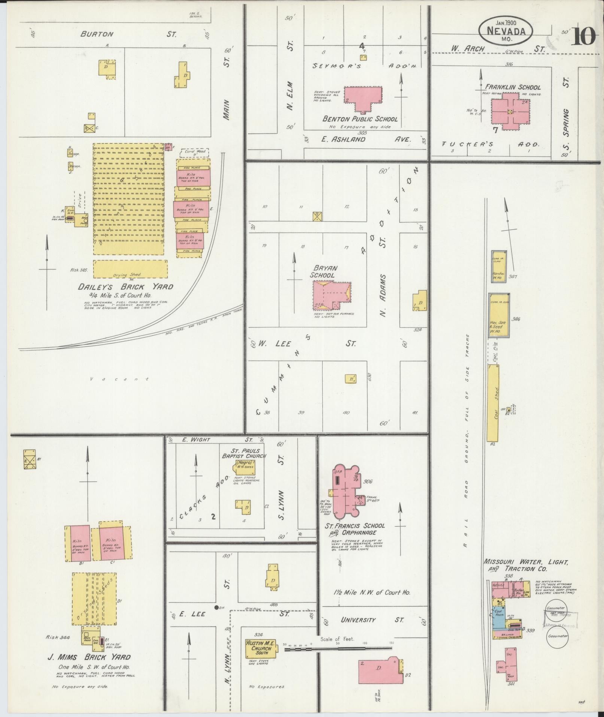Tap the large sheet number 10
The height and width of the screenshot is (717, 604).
[x=583, y=36]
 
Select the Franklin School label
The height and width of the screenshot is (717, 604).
[x=513, y=87]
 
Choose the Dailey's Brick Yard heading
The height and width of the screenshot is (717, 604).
[x=125, y=287]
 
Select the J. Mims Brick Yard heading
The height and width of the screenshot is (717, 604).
[x=89, y=665]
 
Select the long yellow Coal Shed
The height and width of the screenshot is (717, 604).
[x=493, y=403]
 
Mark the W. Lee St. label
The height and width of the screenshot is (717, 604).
[x=307, y=343]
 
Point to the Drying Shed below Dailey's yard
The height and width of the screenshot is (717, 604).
[x=130, y=269]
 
